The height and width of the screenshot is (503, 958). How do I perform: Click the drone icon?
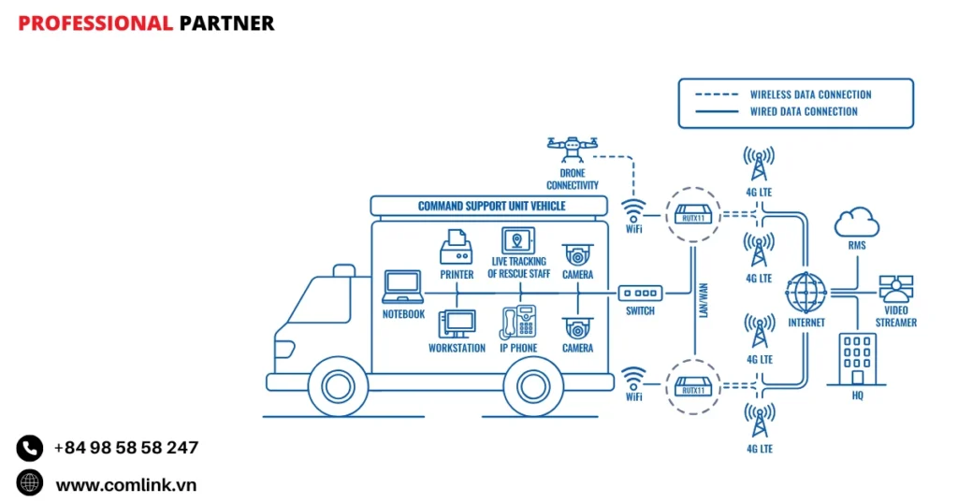(x=573, y=147)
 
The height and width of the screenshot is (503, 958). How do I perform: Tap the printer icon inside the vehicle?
(x=456, y=248)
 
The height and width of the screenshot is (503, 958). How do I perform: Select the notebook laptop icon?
(x=403, y=286)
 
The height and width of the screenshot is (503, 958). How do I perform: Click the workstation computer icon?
(x=457, y=323)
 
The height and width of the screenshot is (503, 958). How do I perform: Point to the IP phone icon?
(x=518, y=323)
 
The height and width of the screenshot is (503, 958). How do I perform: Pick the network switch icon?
(x=641, y=293)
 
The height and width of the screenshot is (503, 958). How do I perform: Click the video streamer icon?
(x=895, y=290)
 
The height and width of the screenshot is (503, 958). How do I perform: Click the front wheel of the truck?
(x=338, y=382)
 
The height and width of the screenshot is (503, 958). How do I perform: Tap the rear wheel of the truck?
(x=533, y=382)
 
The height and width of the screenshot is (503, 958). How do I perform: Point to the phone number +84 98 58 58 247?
(x=126, y=448)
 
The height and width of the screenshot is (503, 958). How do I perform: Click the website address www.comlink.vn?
(x=126, y=484)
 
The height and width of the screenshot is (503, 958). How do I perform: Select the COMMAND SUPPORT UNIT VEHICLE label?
(x=491, y=206)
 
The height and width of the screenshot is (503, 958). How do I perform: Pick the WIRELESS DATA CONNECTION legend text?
(x=810, y=94)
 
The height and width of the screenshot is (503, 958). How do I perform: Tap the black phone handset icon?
(x=30, y=448)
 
